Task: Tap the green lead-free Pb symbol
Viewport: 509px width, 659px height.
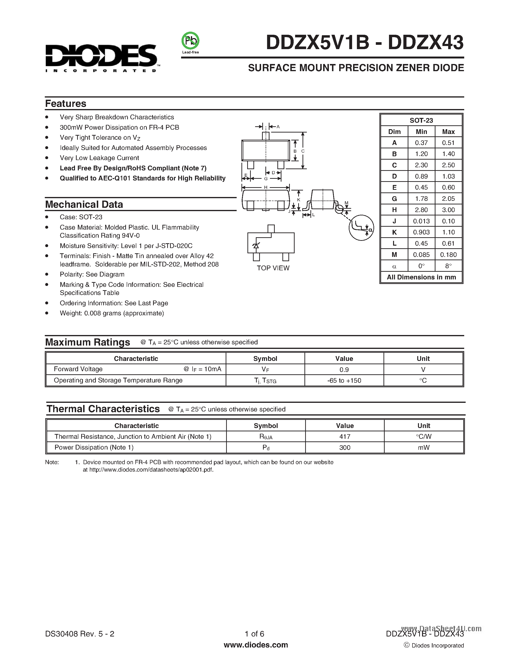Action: point(190,41)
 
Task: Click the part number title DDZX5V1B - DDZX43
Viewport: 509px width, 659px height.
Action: point(365,43)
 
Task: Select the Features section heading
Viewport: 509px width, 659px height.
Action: point(65,104)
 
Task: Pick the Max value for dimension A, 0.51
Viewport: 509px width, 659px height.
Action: point(448,143)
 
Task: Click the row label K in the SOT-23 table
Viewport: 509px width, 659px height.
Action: point(394,232)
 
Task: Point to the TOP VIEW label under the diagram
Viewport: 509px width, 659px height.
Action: point(273,268)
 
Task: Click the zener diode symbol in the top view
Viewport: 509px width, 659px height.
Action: point(256,246)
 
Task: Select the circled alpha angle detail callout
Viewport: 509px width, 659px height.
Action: point(361,228)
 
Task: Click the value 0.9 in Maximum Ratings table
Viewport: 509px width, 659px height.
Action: point(344,370)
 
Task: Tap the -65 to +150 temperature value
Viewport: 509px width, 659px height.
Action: point(344,381)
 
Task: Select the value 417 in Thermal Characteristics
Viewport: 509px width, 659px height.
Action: point(344,437)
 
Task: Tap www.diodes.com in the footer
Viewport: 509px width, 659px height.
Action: point(256,645)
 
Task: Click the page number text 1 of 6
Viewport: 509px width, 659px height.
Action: point(254,634)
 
